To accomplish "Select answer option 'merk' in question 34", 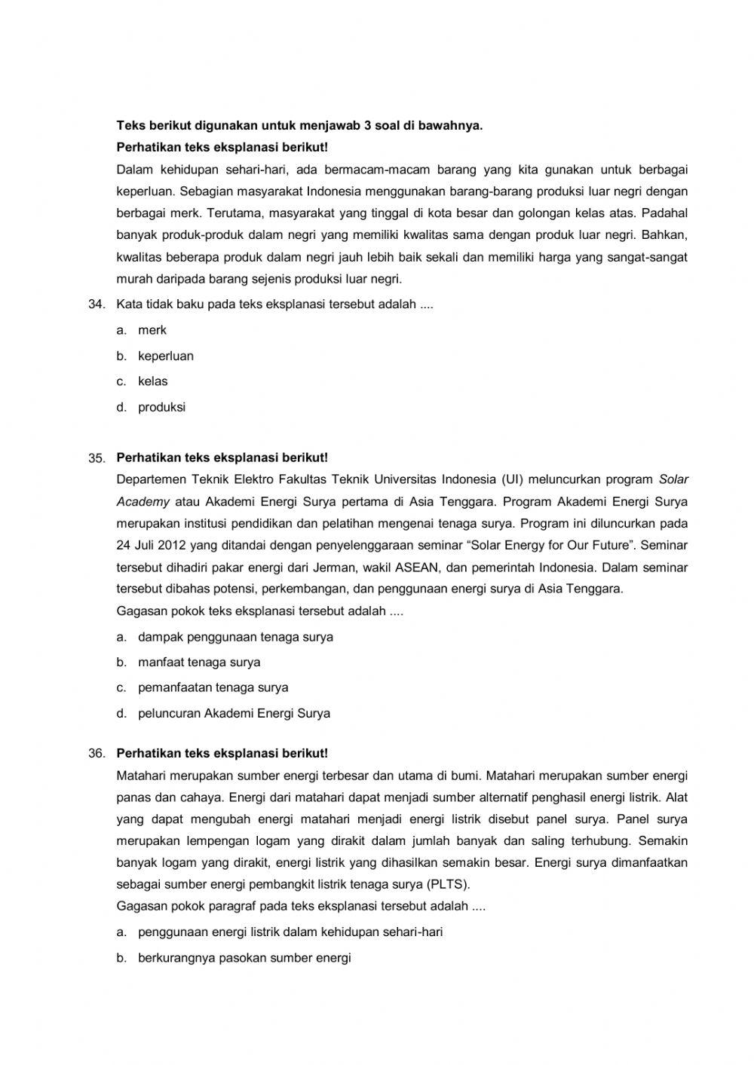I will tap(152, 330).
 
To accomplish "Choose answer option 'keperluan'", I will tap(165, 356).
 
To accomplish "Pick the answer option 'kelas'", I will tap(152, 381).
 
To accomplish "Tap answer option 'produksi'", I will tap(161, 407).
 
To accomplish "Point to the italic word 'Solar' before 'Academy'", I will tap(673, 479).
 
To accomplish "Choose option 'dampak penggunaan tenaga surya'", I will tap(235, 637).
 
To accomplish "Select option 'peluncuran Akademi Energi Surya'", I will tap(234, 713).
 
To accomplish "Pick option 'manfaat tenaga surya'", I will tap(199, 663).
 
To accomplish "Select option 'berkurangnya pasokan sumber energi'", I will tap(244, 958).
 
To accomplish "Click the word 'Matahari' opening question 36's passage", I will tap(141, 775).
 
